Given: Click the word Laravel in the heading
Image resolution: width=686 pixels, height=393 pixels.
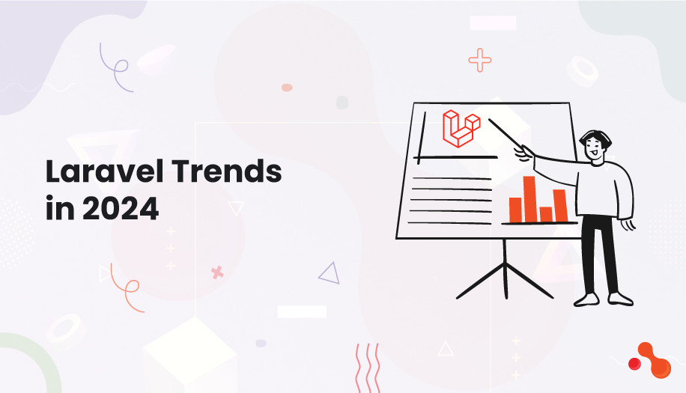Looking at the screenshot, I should [100, 173].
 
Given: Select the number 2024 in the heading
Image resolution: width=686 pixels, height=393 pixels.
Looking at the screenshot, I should [121, 208].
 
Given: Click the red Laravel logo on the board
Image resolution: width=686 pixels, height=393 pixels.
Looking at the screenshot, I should [461, 128].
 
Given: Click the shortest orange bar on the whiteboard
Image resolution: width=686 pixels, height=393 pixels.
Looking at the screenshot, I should [545, 214].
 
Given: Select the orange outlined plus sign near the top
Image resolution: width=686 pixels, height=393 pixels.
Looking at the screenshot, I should [480, 60].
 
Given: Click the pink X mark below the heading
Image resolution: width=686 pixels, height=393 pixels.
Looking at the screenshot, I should [217, 272].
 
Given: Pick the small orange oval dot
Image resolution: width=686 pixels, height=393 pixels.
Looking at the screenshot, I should [286, 88].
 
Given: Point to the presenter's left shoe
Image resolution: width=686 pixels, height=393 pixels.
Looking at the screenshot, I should [586, 299].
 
